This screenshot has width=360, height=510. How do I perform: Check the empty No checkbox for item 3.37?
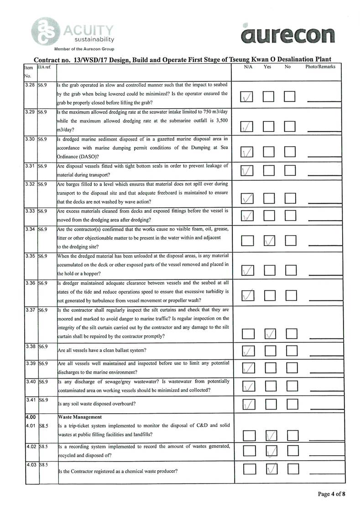(291, 334)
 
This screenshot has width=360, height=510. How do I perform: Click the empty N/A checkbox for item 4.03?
(249, 469)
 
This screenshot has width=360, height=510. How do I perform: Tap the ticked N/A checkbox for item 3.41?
(248, 404)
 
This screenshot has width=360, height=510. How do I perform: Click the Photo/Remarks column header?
(320, 67)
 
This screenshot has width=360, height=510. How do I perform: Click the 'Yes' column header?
(268, 67)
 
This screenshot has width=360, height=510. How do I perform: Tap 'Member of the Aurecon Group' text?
(84, 49)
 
